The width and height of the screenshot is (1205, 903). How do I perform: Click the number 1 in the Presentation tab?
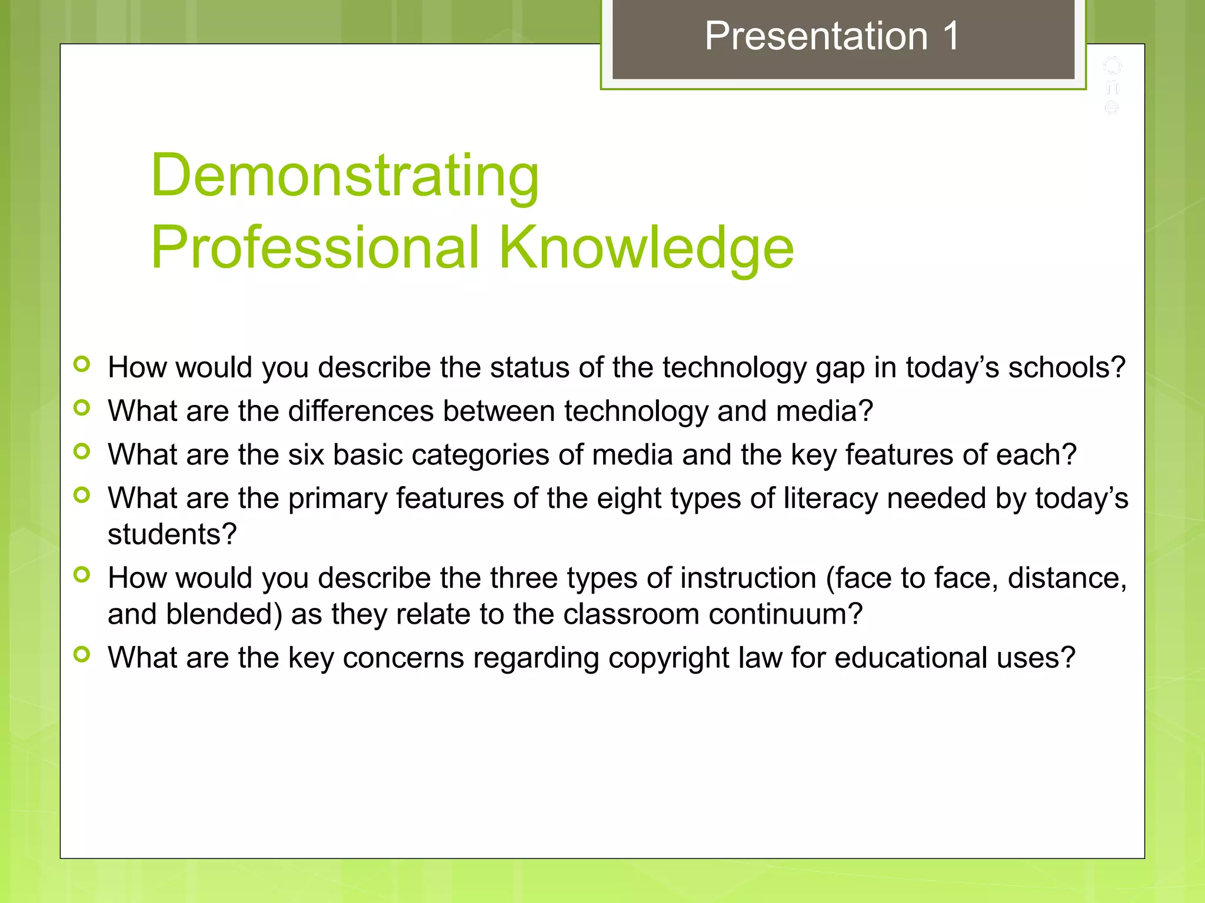[x=951, y=36]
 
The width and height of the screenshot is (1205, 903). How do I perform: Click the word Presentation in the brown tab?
[x=816, y=36]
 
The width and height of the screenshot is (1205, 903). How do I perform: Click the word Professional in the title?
[x=315, y=248]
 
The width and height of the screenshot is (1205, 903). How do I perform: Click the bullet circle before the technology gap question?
[x=82, y=364]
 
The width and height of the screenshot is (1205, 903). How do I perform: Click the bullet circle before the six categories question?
[x=82, y=451]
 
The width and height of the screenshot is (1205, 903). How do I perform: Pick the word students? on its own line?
[x=172, y=534]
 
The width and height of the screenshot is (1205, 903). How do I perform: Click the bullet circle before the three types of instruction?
[x=82, y=574]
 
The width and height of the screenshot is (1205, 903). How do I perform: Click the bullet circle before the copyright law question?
[x=82, y=654]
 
